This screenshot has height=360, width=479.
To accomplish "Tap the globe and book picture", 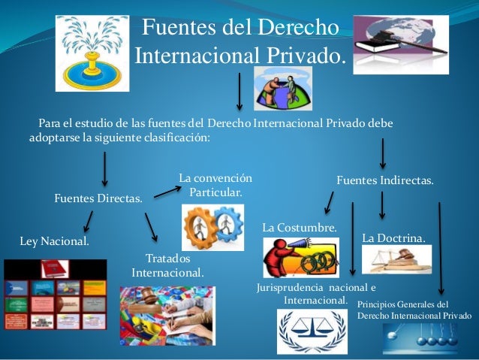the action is click(x=400, y=44).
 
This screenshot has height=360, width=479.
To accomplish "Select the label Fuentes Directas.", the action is click(x=99, y=199).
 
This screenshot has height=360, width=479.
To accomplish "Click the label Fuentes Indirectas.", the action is click(x=384, y=181).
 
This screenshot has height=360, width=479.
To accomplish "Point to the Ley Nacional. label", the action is click(x=53, y=241).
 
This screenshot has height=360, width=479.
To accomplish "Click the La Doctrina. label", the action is click(x=393, y=237).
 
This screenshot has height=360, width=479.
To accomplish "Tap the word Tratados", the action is click(x=167, y=258).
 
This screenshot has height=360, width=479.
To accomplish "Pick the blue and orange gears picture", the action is click(x=213, y=226).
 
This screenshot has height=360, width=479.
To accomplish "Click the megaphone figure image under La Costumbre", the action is click(x=300, y=257).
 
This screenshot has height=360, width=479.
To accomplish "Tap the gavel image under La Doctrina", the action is click(x=396, y=259).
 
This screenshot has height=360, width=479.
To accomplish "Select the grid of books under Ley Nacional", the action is click(x=55, y=295).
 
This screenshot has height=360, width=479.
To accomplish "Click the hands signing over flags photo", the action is click(x=166, y=316).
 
